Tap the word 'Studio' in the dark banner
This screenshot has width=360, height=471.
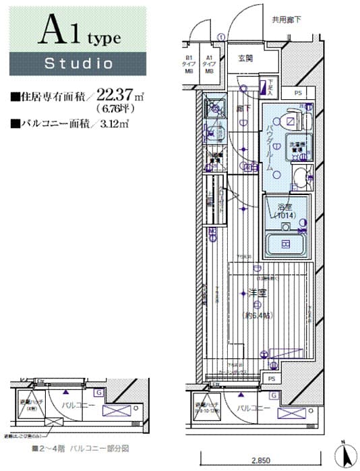click(x=78, y=64)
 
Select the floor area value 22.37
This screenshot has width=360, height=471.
click(x=124, y=96)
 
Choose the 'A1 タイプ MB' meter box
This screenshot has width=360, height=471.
click(x=210, y=65)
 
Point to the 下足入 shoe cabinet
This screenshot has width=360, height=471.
click(x=268, y=85)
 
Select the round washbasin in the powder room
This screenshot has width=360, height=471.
click(x=297, y=177)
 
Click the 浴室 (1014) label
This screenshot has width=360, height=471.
click(x=282, y=211)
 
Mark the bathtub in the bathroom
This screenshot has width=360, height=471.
click(x=285, y=244)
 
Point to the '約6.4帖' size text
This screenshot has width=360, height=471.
click(x=258, y=316)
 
